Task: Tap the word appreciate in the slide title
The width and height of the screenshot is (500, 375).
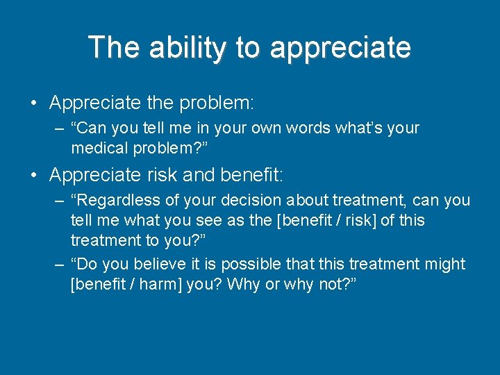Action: [340, 48]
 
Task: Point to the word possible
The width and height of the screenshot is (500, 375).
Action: [243, 264]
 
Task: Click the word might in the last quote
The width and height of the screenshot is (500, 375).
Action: [445, 264]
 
